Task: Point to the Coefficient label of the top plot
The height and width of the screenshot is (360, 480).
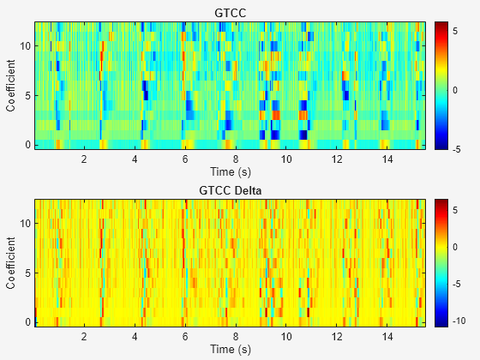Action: (10, 85)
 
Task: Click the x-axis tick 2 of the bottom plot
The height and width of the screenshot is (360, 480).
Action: (84, 337)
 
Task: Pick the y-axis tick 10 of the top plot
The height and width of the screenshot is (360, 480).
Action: (26, 45)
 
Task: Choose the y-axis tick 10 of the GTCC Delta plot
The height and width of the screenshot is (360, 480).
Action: (26, 222)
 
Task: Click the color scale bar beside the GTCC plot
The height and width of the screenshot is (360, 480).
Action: (441, 85)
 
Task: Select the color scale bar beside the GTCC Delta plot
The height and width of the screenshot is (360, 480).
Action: (441, 261)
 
